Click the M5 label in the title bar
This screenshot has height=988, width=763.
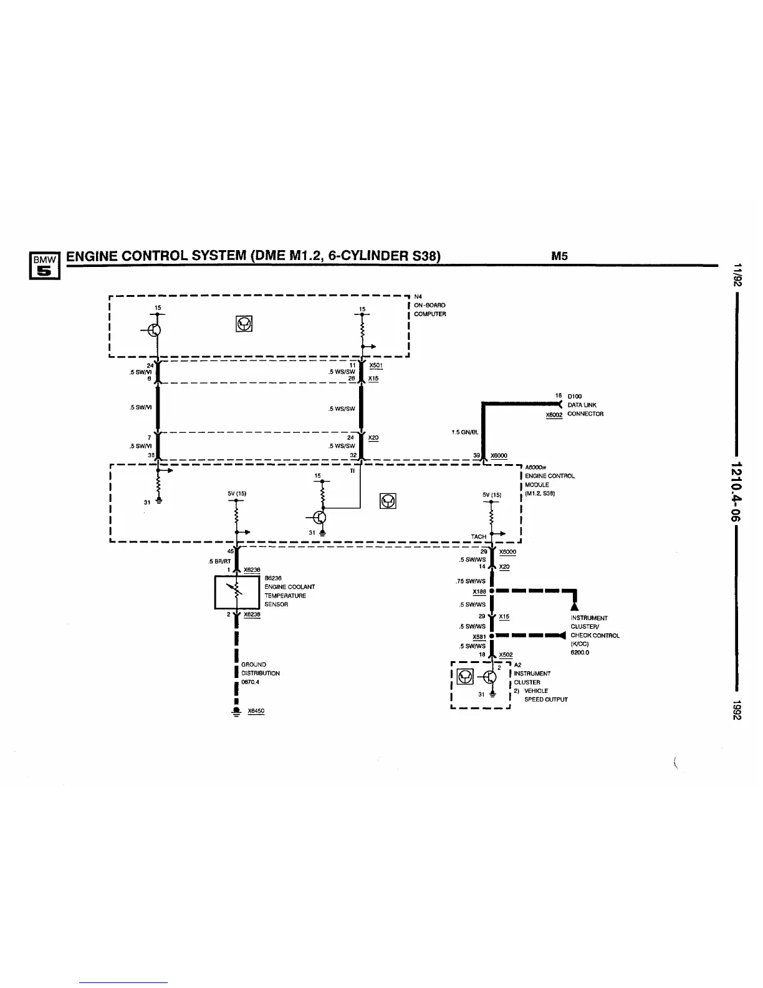(x=559, y=256)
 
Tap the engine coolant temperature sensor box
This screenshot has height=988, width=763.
(x=237, y=592)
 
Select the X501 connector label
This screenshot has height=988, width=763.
(x=375, y=366)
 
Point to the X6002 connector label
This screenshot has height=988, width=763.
(x=554, y=414)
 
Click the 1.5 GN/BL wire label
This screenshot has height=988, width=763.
(x=465, y=432)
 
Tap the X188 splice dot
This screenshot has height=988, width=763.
(x=492, y=591)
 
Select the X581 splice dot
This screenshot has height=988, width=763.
(x=492, y=636)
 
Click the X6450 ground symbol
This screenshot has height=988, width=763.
(x=236, y=712)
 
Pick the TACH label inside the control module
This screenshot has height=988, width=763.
(x=479, y=536)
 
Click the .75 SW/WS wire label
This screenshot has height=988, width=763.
(x=470, y=581)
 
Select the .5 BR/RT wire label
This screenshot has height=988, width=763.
(x=219, y=561)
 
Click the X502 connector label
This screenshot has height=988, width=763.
(x=506, y=655)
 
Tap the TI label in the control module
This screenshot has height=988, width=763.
(x=352, y=471)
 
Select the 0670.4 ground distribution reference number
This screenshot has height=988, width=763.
(x=250, y=682)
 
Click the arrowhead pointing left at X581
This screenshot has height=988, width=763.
(x=562, y=636)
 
